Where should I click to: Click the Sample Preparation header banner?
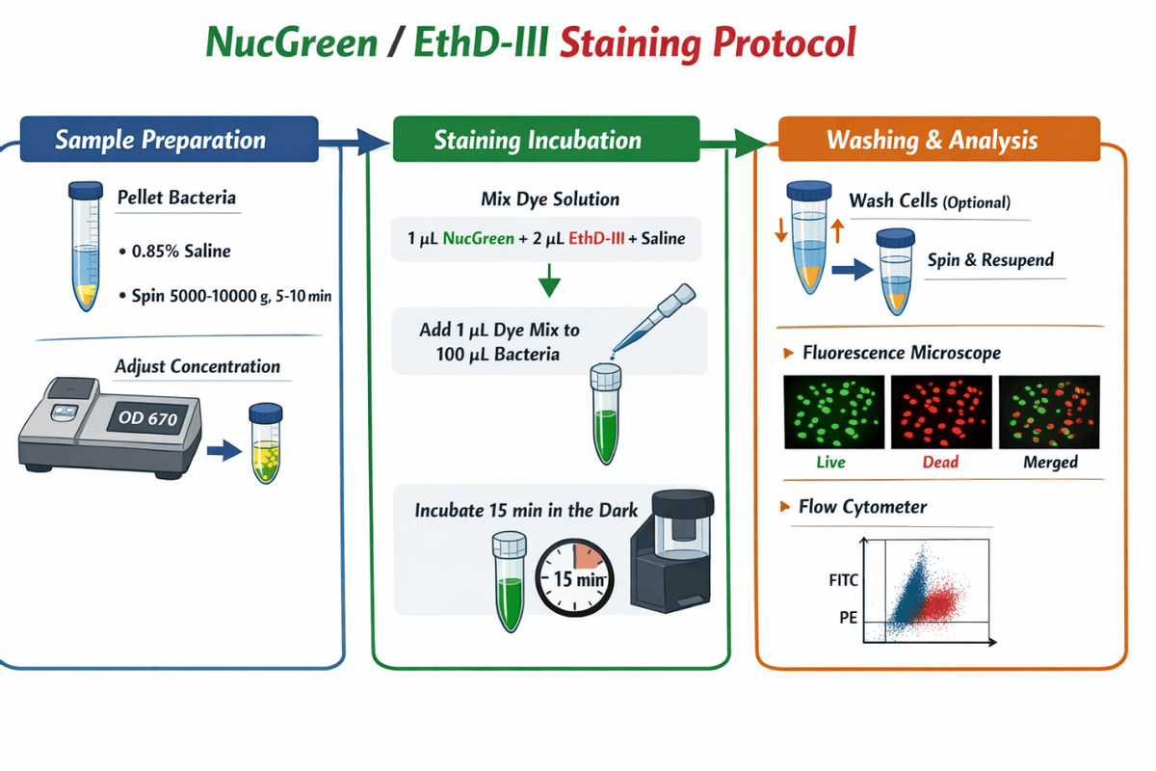tap(170, 139)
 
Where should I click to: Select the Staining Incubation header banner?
tap(546, 139)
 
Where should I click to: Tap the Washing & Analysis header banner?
tap(939, 139)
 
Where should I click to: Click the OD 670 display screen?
tap(148, 417)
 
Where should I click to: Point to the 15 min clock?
tap(574, 578)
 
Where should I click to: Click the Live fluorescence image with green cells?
tap(833, 412)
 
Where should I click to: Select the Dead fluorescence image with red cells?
tap(941, 412)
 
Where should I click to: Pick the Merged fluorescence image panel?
tap(1049, 412)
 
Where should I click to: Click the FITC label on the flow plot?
tap(843, 580)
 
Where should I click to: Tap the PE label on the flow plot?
tap(848, 617)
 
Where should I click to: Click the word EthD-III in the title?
tap(481, 42)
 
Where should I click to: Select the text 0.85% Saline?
tap(181, 251)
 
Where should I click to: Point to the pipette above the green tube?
tap(653, 318)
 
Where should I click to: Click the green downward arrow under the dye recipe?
tap(550, 280)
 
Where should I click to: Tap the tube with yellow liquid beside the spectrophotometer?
tap(266, 443)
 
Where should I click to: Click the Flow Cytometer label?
tap(862, 507)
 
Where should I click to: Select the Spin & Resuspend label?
tap(990, 260)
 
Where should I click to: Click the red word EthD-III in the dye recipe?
tap(596, 238)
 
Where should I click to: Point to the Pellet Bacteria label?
tap(176, 198)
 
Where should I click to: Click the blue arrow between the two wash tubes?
tap(852, 269)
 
